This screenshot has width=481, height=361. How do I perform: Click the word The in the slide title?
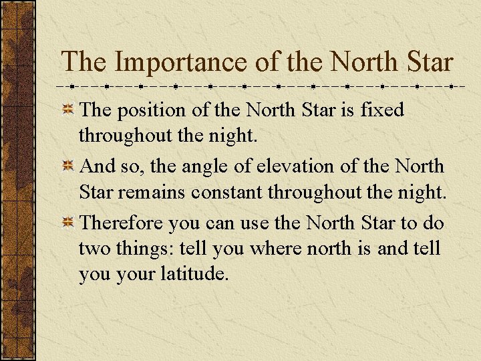[x=83, y=62]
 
